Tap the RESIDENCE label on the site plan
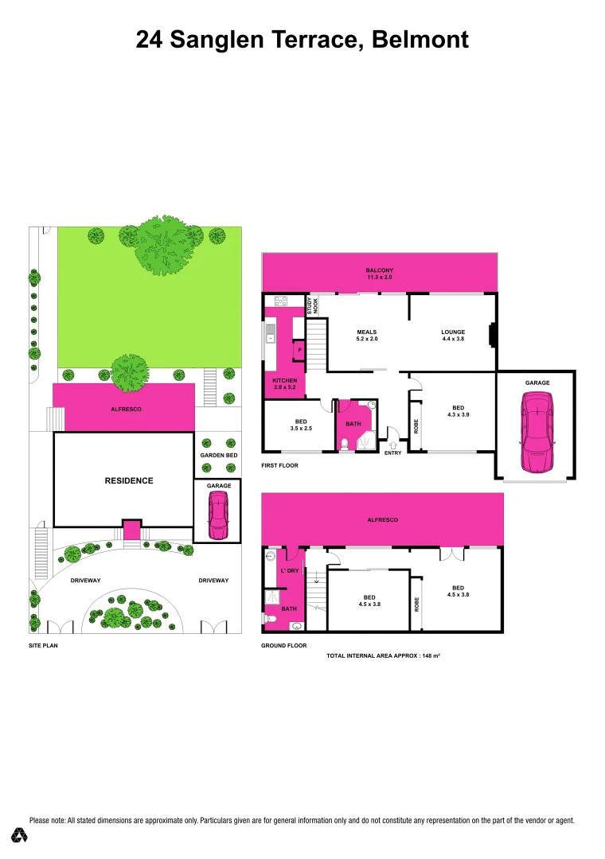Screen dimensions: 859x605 pos(129,480)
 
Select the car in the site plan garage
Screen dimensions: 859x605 pos(217,515)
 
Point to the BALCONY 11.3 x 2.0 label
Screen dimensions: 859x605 pos(380,274)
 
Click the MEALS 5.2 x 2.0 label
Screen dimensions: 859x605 pos(367,336)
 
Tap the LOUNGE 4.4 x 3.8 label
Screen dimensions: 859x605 pos(453,336)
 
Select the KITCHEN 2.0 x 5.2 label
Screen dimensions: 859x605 pos(284,383)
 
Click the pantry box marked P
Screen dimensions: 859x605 pos(299,350)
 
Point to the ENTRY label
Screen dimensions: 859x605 pos(392,453)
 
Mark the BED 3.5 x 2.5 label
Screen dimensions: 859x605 pos(301,424)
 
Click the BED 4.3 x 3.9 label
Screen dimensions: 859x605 pos(458,410)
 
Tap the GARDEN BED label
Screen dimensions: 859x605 pos(219,455)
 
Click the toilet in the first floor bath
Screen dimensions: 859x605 pos(344,444)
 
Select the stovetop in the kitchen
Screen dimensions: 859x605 pos(281,301)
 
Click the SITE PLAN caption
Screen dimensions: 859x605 pos(43,646)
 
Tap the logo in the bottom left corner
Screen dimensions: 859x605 pos(20,835)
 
